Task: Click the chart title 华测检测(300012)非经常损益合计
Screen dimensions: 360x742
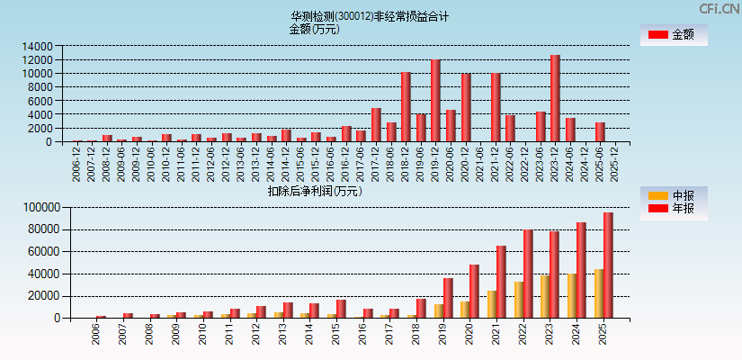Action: point(369,16)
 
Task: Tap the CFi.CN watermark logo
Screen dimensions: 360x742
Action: point(719,8)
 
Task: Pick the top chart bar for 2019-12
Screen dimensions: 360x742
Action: point(435,101)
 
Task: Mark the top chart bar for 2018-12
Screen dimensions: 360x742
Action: point(406,106)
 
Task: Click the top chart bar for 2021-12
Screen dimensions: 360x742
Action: point(496,107)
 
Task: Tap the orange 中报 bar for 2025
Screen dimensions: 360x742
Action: point(599,292)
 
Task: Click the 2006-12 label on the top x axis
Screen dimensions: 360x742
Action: point(77,164)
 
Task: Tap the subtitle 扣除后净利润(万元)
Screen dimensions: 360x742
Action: point(315,191)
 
